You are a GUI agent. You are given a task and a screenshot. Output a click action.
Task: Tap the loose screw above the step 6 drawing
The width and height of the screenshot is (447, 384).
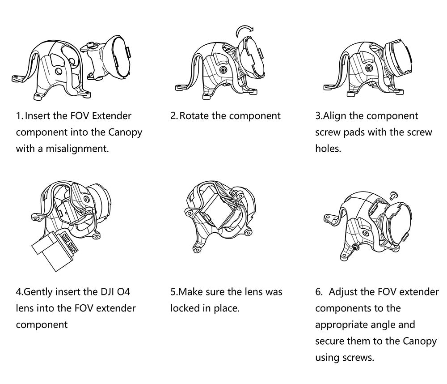click(393, 195)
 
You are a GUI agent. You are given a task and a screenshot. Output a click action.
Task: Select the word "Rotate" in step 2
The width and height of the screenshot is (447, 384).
click(194, 116)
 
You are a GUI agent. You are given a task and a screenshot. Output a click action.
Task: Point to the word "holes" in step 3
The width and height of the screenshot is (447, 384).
click(327, 149)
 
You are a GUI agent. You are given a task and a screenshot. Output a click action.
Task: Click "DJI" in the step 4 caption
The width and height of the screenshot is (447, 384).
click(107, 292)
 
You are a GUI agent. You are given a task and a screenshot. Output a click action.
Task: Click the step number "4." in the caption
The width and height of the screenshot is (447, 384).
click(20, 292)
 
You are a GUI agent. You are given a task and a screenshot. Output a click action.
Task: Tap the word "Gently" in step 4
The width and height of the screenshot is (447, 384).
click(38, 292)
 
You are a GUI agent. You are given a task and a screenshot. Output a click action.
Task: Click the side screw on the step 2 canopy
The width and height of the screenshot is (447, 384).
click(223, 70)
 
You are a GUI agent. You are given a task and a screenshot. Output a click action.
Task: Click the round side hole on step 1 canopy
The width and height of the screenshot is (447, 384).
click(59, 71)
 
